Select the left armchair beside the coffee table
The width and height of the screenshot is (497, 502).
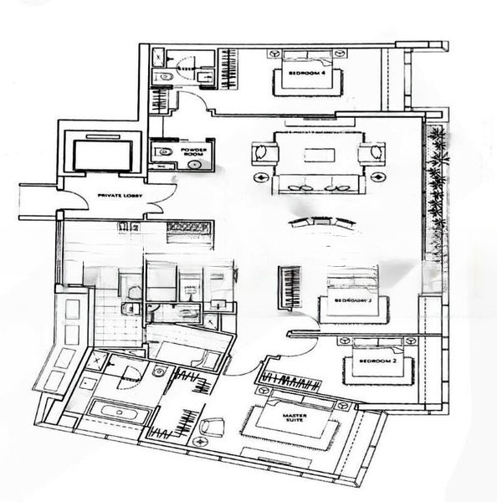coord(264,154)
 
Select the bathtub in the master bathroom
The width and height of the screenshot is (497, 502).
coord(116,412)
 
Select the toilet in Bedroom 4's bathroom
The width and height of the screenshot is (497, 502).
coord(165,77)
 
